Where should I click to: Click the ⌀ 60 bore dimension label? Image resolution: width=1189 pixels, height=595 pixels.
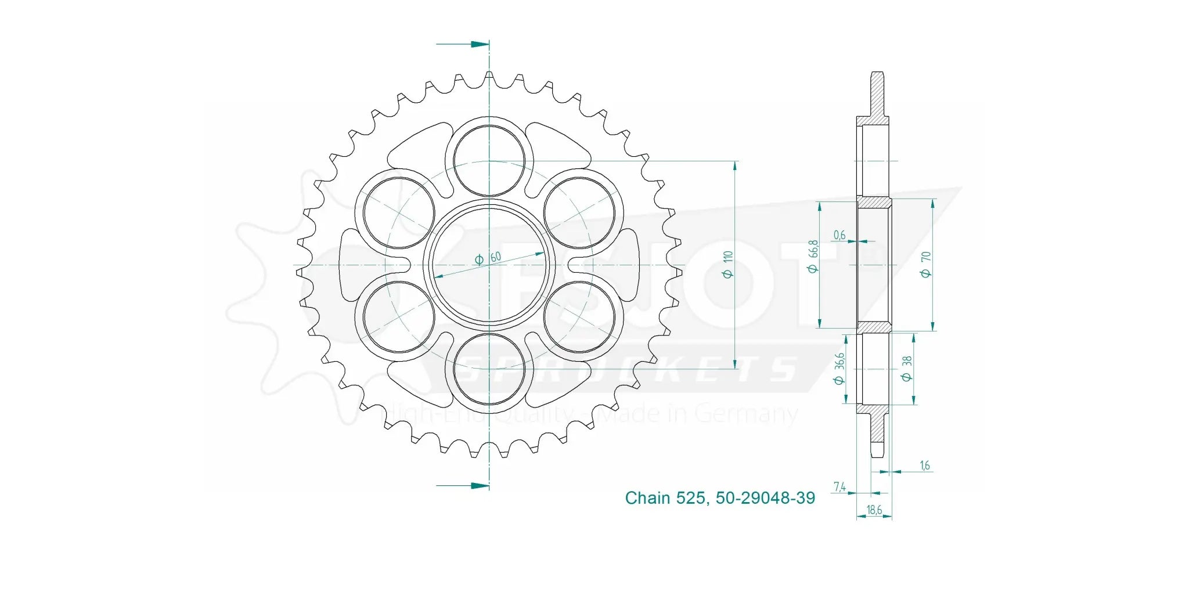(488, 258)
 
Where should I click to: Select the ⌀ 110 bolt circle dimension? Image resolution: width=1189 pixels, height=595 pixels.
(728, 264)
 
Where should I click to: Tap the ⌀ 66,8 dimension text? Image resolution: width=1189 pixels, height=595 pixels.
(813, 256)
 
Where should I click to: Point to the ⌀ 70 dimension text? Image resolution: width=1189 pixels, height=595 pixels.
(926, 264)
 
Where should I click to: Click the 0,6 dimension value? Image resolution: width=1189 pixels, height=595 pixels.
(839, 235)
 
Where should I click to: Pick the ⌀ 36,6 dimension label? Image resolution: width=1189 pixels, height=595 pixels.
(839, 369)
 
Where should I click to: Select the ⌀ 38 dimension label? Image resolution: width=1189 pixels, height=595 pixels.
(907, 369)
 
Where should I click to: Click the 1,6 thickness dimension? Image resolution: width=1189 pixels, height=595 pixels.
(925, 465)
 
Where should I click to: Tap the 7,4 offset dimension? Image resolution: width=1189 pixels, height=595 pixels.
(839, 486)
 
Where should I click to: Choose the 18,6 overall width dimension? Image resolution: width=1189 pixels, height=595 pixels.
(874, 510)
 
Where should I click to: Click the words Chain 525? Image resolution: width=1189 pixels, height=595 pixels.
(665, 498)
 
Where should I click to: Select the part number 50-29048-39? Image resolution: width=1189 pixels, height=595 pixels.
(765, 498)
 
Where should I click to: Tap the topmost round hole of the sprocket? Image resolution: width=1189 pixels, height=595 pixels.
(489, 160)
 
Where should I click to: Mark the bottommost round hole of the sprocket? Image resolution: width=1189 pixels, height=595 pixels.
(489, 369)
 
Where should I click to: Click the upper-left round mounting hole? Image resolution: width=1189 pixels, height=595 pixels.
(399, 212)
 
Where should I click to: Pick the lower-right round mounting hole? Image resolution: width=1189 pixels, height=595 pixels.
(579, 317)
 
